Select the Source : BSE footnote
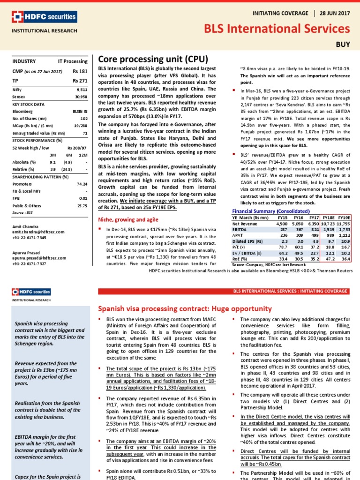tap(23, 212)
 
